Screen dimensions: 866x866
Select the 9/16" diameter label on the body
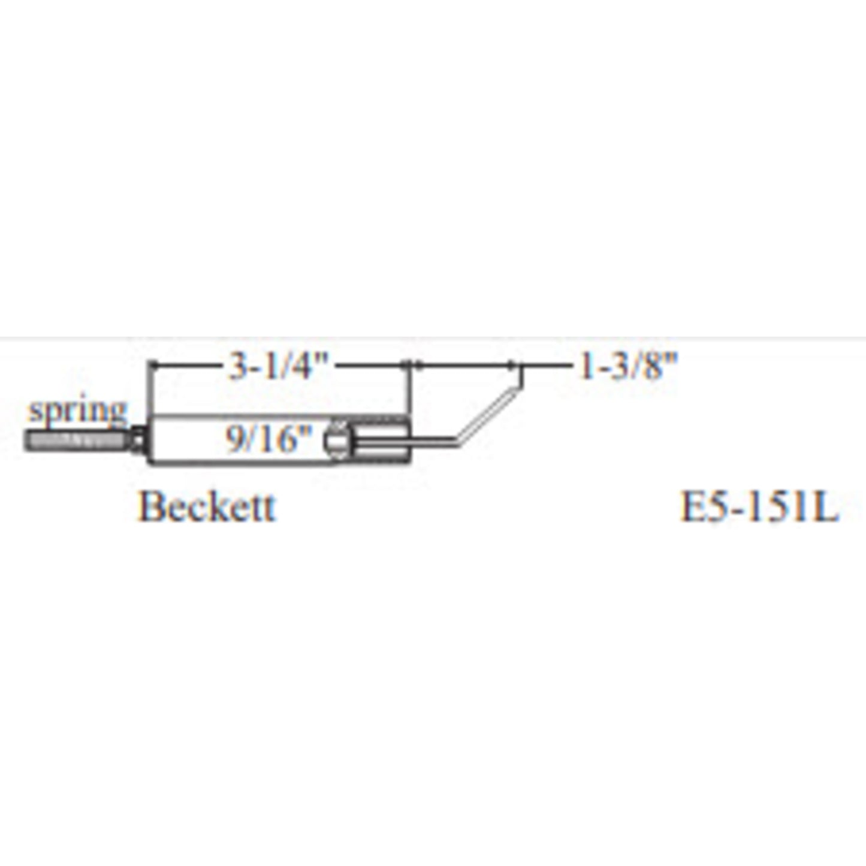tap(268, 439)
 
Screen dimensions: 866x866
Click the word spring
tap(77, 411)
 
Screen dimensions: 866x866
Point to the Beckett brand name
tap(206, 506)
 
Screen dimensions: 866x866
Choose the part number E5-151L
tap(759, 506)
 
